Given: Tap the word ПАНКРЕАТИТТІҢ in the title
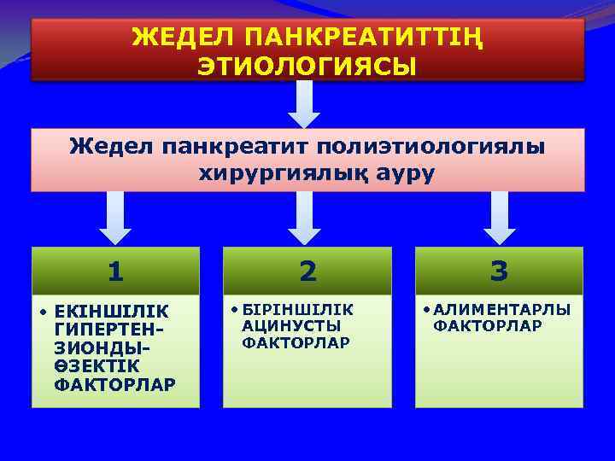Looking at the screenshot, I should (360, 38).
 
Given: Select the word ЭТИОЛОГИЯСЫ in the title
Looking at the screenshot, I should (307, 66).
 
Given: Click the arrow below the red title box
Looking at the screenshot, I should (303, 104).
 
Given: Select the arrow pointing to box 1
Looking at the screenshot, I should (116, 217).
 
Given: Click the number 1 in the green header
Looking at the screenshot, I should (116, 271).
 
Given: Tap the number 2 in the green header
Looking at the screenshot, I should (307, 271).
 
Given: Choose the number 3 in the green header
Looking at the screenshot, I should (500, 271).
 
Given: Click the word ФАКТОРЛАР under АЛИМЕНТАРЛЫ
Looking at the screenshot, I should (488, 325).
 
